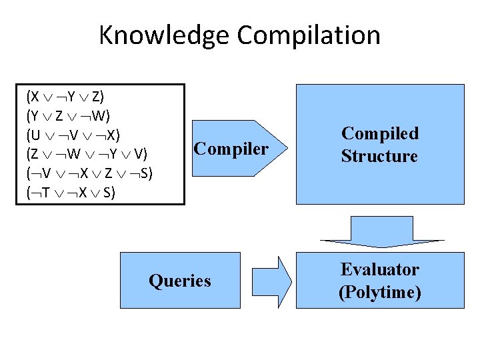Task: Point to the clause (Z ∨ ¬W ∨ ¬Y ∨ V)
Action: [87, 154]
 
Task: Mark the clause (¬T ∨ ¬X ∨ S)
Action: [70, 193]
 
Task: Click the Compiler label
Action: [231, 148]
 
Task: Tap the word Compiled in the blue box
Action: [380, 133]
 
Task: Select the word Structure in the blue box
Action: [380, 157]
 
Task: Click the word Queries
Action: [180, 281]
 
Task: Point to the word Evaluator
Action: [380, 269]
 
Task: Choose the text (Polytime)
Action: [380, 292]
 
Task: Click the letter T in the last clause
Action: [45, 193]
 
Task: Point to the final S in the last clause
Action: [108, 193]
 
